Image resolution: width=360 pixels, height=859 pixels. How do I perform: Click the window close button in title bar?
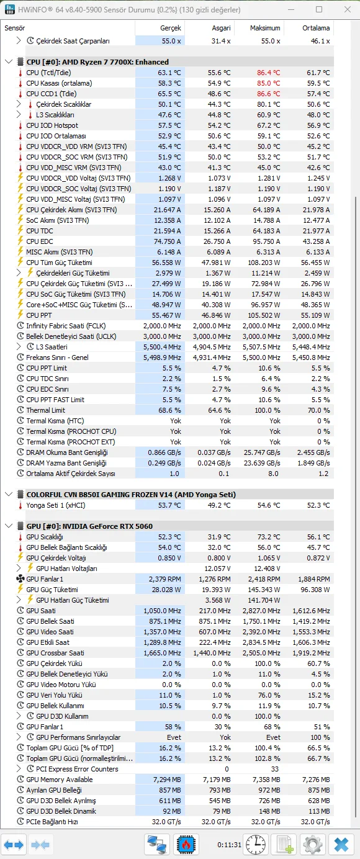(x=345, y=10)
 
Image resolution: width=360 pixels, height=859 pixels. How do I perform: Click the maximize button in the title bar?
(x=319, y=10)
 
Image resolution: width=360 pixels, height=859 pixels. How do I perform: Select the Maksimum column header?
(x=265, y=28)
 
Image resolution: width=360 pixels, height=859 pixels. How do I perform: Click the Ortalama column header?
(x=316, y=28)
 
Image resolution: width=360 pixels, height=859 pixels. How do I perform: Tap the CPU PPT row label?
(x=40, y=315)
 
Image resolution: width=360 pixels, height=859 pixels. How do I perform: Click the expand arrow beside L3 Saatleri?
(x=19, y=347)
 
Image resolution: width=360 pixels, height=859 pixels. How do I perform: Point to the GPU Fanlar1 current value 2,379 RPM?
(x=166, y=579)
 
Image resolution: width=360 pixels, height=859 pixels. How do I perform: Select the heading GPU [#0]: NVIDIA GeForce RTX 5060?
(x=89, y=526)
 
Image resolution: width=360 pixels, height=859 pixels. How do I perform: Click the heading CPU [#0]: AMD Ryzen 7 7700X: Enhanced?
(x=97, y=62)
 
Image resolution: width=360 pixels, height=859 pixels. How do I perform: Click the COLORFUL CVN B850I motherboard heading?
(x=131, y=495)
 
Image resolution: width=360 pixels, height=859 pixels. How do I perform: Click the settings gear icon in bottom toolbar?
(x=312, y=845)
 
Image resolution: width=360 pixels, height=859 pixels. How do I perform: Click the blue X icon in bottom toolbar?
(x=341, y=845)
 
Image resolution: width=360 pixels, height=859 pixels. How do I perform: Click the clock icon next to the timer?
(x=256, y=845)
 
